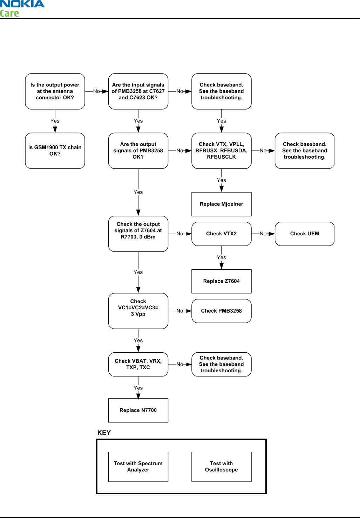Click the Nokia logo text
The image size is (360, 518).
(x=22, y=4)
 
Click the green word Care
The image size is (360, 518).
(x=9, y=13)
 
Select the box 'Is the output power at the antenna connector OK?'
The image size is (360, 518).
(x=55, y=91)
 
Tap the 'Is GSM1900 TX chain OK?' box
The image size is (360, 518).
(x=55, y=151)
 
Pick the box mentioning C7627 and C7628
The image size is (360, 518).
(x=138, y=91)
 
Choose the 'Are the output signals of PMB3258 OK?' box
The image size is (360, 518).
(x=138, y=151)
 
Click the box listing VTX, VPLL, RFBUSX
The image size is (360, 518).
(x=221, y=151)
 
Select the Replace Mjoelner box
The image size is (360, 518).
(x=221, y=204)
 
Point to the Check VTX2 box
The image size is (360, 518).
(x=221, y=234)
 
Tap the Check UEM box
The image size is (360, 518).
(x=304, y=234)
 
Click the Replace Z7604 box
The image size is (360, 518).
(x=221, y=281)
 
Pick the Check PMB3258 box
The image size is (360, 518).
(x=221, y=311)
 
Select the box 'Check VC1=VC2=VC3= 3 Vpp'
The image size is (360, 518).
(x=138, y=311)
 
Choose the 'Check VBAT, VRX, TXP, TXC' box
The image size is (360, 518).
(x=138, y=364)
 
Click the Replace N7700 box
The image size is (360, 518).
(x=138, y=410)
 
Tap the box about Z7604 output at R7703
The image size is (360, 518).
(x=138, y=234)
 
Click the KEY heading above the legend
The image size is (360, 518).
(x=104, y=433)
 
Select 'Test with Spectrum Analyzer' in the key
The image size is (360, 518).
(x=138, y=467)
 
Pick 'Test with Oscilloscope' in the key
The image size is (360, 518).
(x=221, y=467)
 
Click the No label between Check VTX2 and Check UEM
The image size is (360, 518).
(x=263, y=234)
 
